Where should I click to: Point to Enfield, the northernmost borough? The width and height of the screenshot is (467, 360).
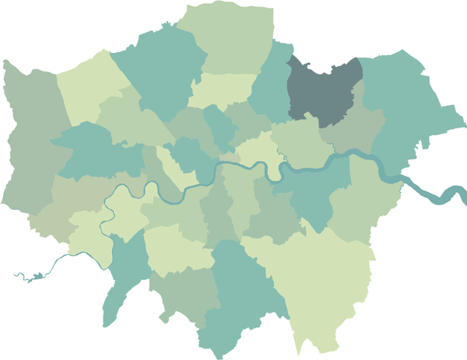[x=230, y=39]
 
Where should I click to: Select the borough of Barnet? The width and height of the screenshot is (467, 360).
[x=160, y=70]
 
